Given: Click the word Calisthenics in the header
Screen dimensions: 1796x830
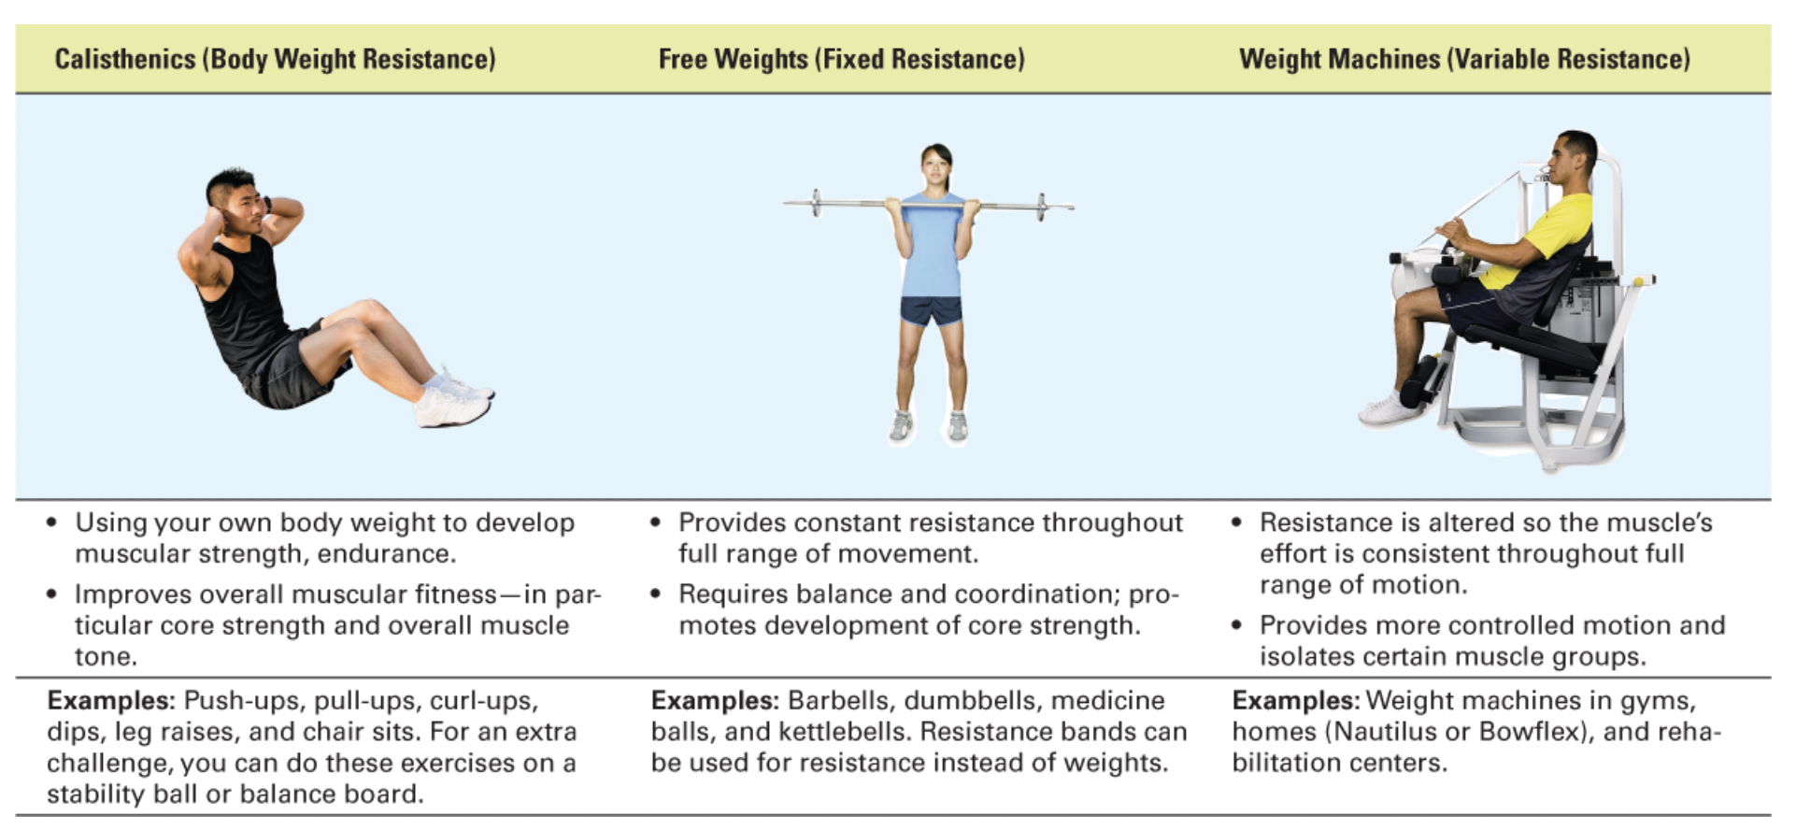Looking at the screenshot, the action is point(125,59).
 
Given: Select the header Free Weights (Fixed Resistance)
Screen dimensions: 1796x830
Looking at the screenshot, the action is point(841,59).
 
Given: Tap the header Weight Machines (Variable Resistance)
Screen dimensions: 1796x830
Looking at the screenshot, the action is point(1464,59).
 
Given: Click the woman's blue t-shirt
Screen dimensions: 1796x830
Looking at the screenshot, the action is point(934,245).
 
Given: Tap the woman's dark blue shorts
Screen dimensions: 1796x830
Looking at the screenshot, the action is point(932,310).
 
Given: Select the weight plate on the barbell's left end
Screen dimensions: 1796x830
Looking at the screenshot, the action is point(816,203).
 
